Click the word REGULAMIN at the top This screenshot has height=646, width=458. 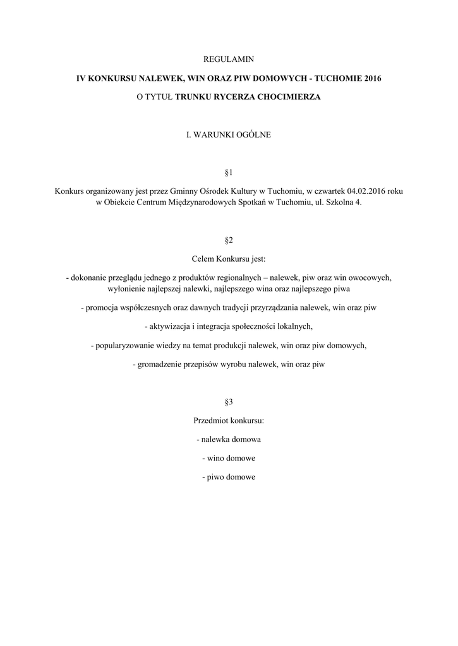click(229, 59)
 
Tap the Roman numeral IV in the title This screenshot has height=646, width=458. click(80, 79)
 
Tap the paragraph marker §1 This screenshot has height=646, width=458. click(229, 172)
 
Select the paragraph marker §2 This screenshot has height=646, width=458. click(229, 240)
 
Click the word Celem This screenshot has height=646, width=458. click(203, 259)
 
